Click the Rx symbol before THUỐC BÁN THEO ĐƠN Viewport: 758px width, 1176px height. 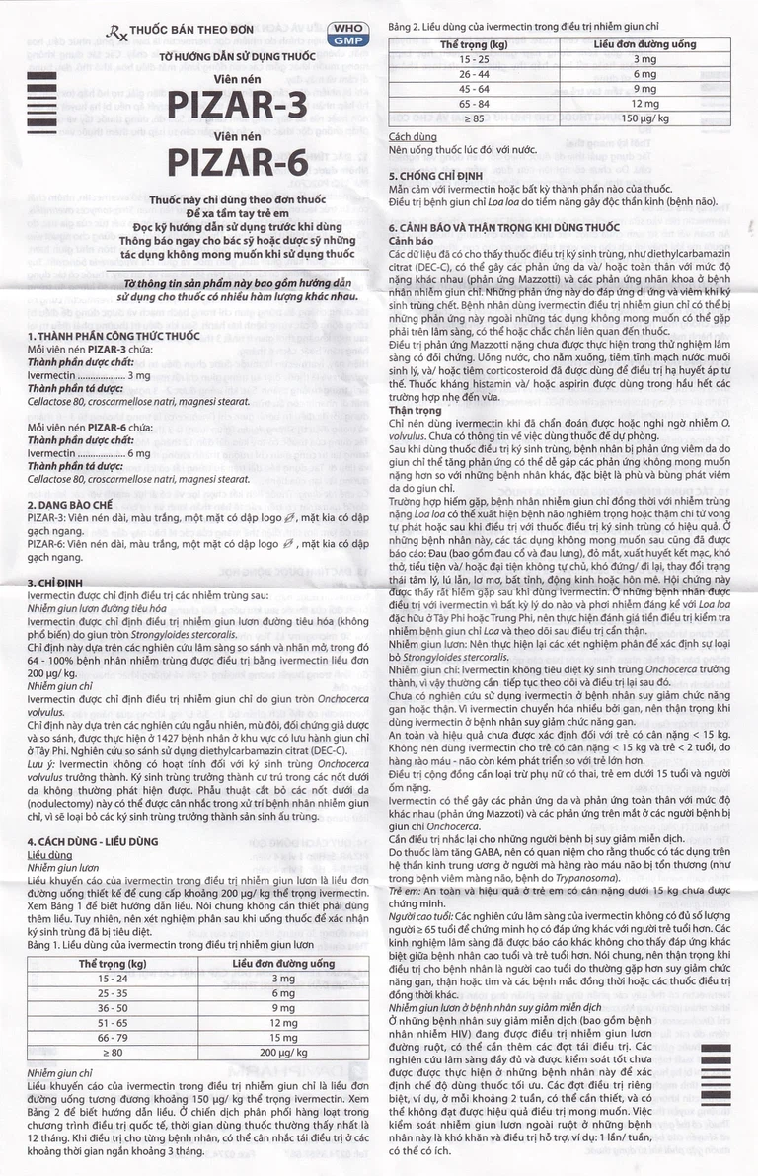(x=119, y=31)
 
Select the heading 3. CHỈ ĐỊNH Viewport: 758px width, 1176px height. (x=60, y=583)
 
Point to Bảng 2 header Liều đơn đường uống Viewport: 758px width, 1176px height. (x=644, y=45)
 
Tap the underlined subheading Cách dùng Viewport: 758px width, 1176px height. (x=413, y=135)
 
